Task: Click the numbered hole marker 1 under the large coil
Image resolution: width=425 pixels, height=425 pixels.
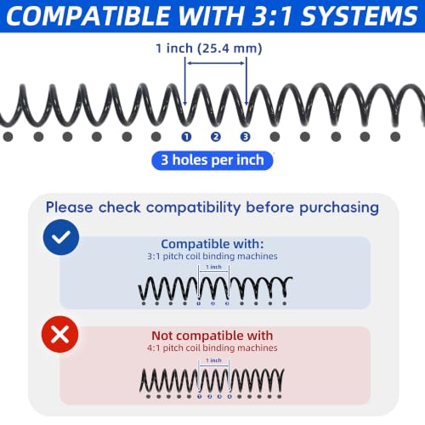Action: tap(186, 137)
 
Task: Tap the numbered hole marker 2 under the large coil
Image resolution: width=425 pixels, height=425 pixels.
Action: tap(216, 137)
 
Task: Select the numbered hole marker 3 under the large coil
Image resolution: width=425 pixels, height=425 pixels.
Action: tap(246, 137)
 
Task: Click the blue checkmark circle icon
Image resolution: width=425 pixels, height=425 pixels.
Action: tap(61, 237)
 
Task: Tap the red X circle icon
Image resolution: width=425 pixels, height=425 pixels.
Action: tap(60, 334)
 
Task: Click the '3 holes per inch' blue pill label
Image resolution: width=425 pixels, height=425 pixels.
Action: tap(212, 161)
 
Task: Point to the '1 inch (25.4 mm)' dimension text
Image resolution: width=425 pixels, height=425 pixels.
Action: tap(209, 48)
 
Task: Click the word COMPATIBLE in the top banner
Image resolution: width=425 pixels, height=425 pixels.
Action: tap(88, 15)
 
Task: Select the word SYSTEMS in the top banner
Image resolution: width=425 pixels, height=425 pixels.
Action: tap(359, 15)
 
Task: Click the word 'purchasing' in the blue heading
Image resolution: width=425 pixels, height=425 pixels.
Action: tap(339, 208)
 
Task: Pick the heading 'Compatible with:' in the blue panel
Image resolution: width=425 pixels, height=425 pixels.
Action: tap(212, 244)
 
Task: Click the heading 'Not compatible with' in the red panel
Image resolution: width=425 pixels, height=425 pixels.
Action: tap(212, 336)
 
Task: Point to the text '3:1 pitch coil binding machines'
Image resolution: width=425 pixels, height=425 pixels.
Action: tap(212, 257)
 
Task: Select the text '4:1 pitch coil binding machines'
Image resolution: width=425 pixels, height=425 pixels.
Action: tap(212, 348)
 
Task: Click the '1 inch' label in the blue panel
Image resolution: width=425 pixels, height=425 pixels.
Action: tap(213, 267)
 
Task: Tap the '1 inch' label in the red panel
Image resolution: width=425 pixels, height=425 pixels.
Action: tap(213, 360)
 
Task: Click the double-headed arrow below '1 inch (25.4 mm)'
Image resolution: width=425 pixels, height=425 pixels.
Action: tap(216, 63)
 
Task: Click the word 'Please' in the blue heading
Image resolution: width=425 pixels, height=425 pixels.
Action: tap(70, 207)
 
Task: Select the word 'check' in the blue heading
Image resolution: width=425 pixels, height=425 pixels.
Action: tap(120, 207)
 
